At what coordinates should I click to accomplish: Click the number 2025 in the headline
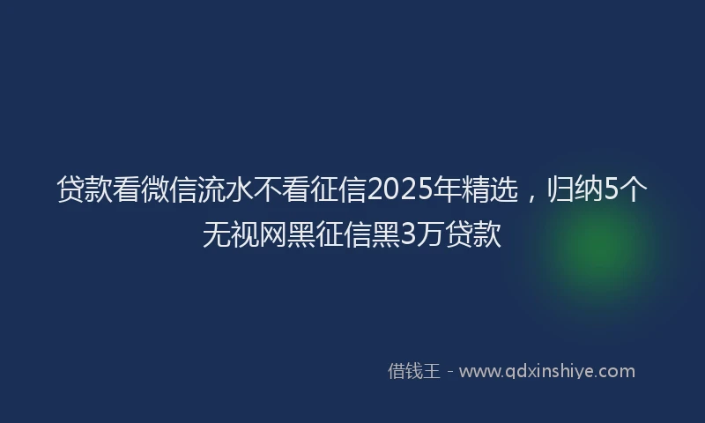click(399, 189)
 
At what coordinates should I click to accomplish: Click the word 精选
click(489, 189)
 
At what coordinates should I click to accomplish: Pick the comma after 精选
click(531, 197)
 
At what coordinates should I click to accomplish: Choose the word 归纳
click(575, 189)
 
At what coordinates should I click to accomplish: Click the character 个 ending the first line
click(634, 189)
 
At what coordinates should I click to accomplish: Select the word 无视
click(231, 234)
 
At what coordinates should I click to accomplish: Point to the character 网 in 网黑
click(273, 234)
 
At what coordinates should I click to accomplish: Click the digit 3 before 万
click(408, 234)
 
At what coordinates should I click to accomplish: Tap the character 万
click(430, 234)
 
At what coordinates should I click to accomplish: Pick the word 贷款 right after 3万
click(473, 234)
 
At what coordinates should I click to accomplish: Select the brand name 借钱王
click(413, 371)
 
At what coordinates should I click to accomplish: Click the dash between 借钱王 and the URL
click(450, 372)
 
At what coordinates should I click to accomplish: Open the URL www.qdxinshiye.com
click(547, 371)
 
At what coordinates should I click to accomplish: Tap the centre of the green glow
click(599, 252)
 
